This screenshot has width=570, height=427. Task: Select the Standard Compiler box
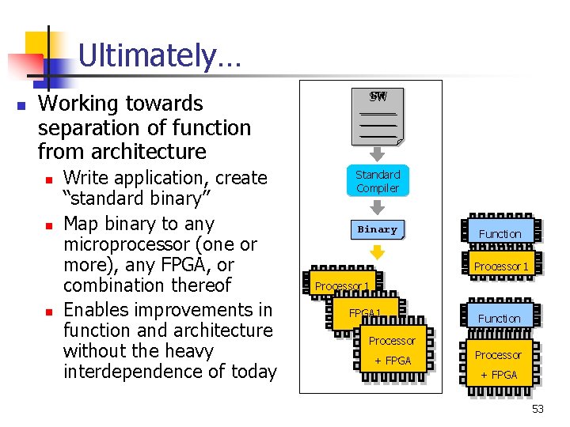point(378,181)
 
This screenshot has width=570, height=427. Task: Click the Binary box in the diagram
point(378,229)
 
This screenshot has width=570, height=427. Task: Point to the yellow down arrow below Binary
point(378,253)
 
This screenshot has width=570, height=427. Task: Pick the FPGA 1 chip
point(366,314)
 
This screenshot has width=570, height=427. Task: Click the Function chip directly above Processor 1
point(500,233)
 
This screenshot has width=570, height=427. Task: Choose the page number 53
point(538,409)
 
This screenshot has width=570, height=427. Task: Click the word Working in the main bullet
point(79,104)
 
